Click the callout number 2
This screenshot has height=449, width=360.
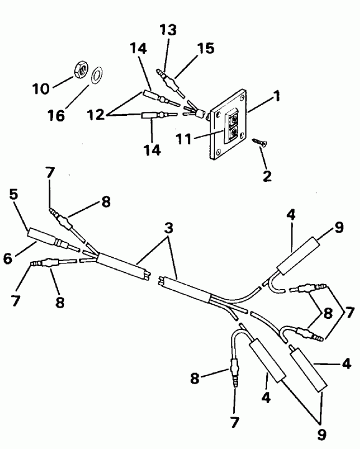pyautogui.click(x=267, y=176)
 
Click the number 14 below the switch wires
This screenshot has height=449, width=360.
pyautogui.click(x=153, y=150)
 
